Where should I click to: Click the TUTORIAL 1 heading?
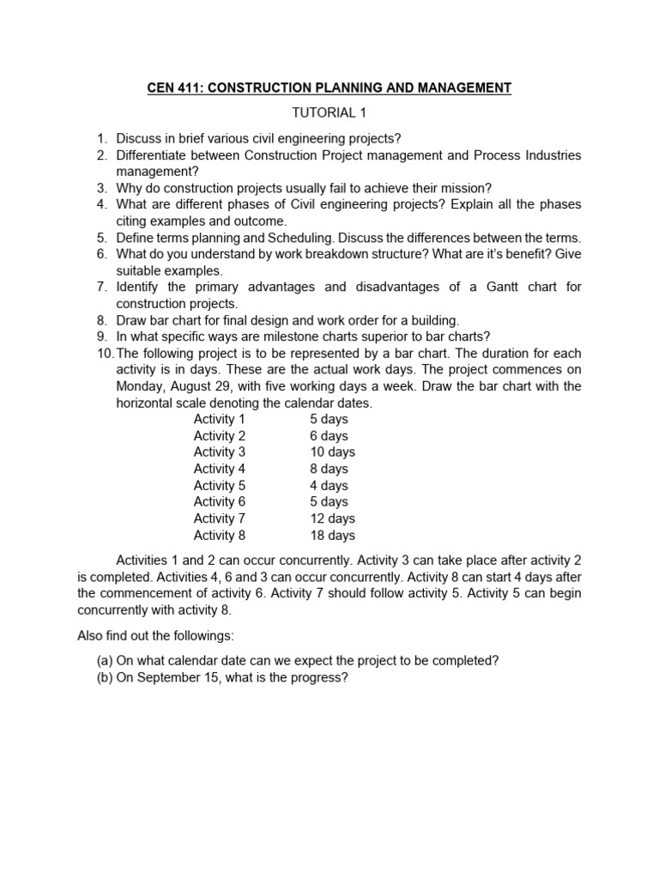coord(329,112)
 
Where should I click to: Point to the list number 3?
coord(100,188)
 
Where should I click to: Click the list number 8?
coord(100,320)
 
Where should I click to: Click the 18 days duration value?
coord(332,535)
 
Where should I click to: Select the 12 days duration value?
coord(332,518)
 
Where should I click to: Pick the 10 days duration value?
coord(332,452)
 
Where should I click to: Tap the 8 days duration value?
coord(329,469)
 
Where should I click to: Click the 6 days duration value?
coord(329,436)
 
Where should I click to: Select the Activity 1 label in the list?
coord(220,419)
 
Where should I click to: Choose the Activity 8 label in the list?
coord(220,535)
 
